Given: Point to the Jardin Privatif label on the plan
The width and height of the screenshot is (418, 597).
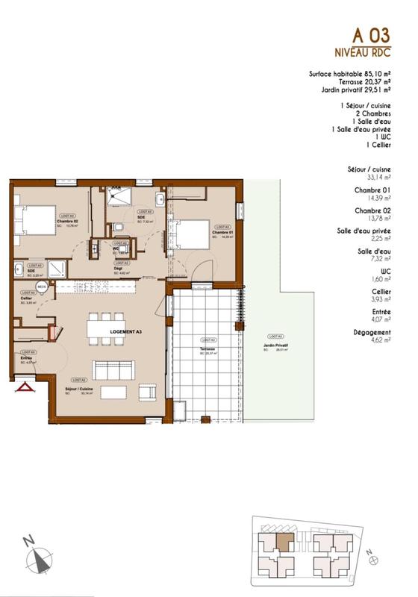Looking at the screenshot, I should [x=276, y=348].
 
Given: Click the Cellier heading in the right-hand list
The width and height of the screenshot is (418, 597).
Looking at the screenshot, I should [x=381, y=293].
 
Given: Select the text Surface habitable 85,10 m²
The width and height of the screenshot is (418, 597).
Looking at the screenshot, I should [x=349, y=74].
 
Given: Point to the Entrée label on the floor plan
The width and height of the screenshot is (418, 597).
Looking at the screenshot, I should [x=26, y=358].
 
